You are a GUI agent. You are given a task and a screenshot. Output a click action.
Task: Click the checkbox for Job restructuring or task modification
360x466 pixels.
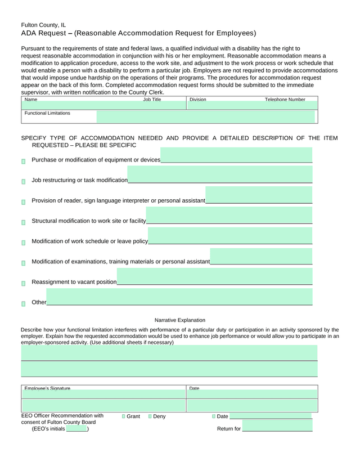tap(23, 182)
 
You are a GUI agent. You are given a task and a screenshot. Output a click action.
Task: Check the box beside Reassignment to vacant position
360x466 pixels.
tap(23, 284)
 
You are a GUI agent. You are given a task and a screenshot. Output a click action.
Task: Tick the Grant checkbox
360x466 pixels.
tap(124, 416)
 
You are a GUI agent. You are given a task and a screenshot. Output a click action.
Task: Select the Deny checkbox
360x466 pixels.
tap(150, 416)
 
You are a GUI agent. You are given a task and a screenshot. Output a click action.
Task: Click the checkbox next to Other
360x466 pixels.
tap(23, 304)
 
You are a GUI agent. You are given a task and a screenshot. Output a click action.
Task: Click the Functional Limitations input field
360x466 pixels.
tap(205, 116)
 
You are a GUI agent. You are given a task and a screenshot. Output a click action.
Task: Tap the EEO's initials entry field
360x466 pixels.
tap(76, 429)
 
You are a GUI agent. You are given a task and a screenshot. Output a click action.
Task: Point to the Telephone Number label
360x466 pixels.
tap(285, 100)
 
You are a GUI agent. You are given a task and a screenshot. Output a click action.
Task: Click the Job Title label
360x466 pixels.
tap(152, 100)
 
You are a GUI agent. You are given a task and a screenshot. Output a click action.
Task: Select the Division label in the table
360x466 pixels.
tap(198, 100)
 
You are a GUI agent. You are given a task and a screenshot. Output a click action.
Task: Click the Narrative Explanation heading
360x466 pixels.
tap(180, 320)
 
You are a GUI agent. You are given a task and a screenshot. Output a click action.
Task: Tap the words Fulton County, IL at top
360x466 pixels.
tap(43, 25)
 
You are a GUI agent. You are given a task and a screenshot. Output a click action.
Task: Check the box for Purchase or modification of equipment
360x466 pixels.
tap(23, 162)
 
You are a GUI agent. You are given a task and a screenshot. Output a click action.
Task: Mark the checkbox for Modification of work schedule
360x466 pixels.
tap(23, 243)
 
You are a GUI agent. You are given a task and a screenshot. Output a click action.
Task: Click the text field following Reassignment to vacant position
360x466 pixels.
tap(214, 277)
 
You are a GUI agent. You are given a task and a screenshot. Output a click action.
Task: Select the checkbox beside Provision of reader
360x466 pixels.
tap(23, 202)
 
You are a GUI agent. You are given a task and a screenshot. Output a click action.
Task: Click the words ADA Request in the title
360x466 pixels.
tap(43, 33)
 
